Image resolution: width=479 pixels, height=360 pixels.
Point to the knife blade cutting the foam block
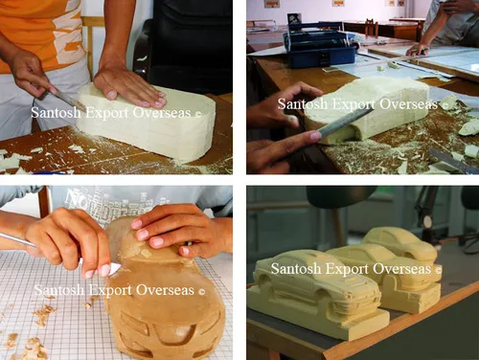point(68,100)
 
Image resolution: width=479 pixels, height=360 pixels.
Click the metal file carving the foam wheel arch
point(345,122)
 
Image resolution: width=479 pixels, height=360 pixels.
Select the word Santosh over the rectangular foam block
point(56,113)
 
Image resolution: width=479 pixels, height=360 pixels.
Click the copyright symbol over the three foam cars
point(439,270)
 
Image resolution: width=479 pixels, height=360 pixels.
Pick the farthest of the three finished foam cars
point(399,242)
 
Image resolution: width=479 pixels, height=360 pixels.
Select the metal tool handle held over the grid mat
point(16,240)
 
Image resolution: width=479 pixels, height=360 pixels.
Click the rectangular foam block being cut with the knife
point(147,122)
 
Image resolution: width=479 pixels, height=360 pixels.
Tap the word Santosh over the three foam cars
point(296,268)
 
